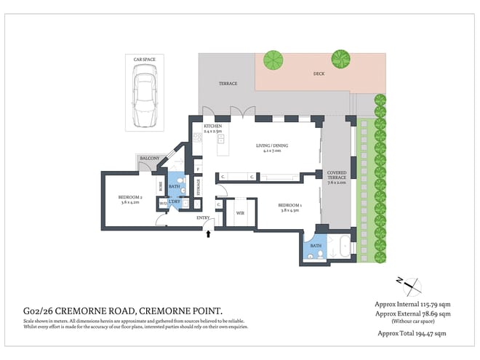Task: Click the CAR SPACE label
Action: (x=143, y=59)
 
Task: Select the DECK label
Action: (x=319, y=73)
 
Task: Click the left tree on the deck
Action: (x=274, y=58)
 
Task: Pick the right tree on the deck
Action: (x=340, y=57)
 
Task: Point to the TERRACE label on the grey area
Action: (x=228, y=84)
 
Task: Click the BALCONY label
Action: (x=149, y=158)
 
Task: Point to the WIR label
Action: (x=240, y=213)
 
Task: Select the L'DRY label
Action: (x=174, y=201)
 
